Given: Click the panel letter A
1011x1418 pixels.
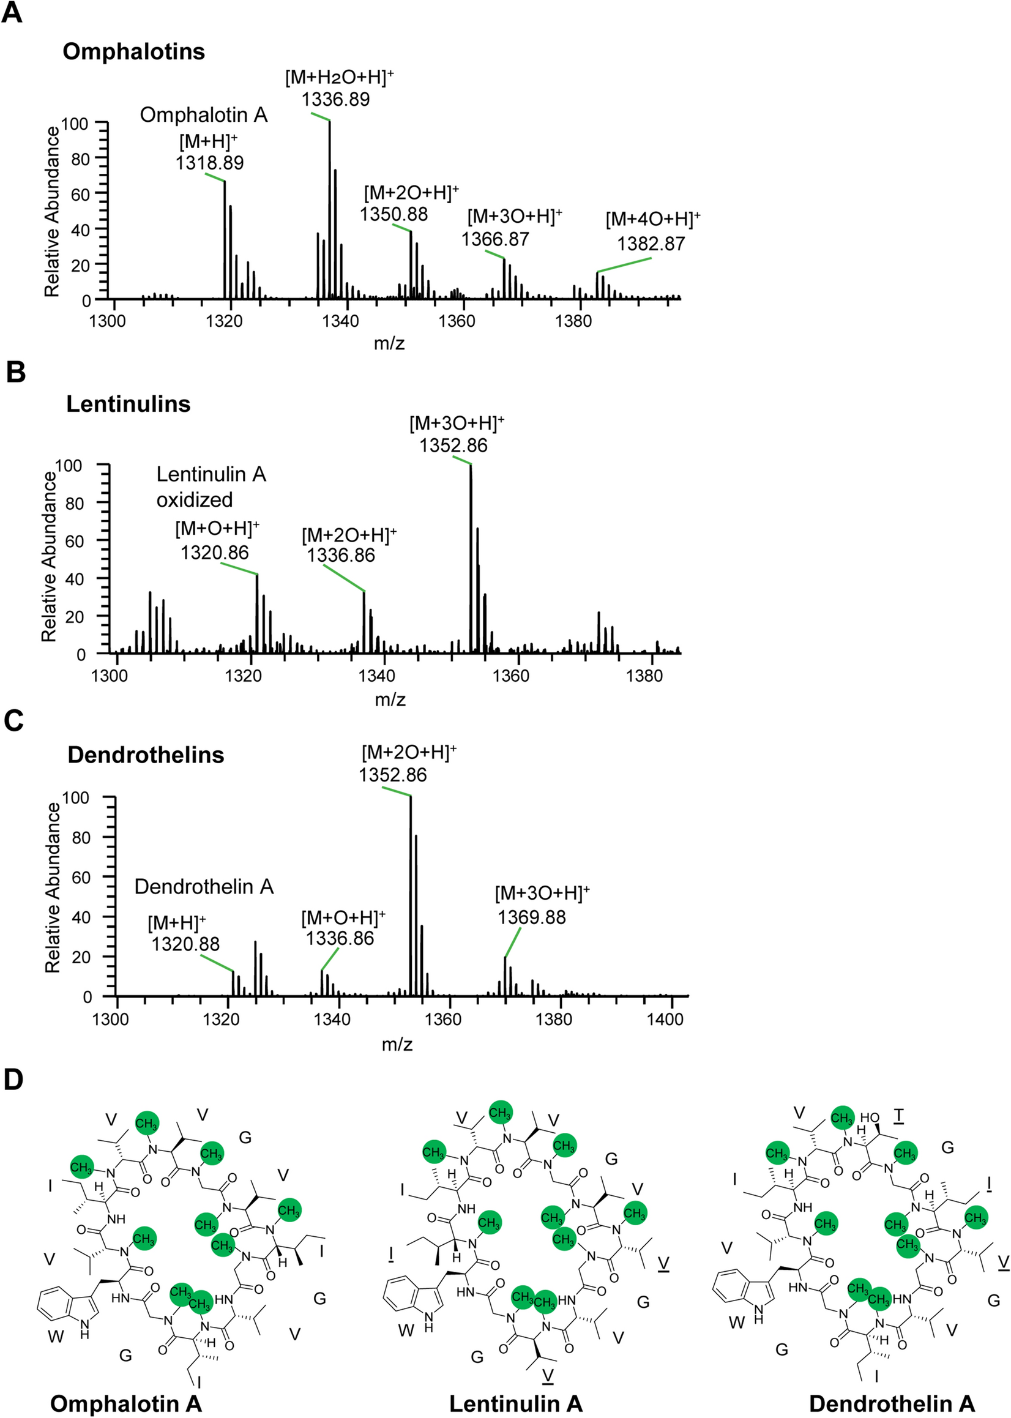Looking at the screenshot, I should point(12,12).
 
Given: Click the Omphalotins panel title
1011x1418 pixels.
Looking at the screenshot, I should point(134,51).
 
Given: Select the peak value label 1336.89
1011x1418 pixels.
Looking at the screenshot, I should point(335,100).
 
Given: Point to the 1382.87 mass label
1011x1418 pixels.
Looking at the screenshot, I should point(651,244).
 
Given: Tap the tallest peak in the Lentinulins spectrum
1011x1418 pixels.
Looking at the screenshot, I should point(471,560).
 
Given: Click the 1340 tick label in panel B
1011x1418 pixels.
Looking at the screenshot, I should point(377,676).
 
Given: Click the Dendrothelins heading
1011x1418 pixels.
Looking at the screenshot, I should point(146,755).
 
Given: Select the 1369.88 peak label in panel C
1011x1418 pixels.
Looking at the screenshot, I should point(532,917).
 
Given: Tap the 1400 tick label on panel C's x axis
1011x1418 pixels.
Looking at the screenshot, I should point(665,1020).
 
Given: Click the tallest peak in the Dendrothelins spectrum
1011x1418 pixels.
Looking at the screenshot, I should point(411,897).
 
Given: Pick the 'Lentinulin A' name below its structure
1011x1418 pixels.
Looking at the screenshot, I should point(515,1404).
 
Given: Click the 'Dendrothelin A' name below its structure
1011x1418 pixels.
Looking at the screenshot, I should point(892,1404).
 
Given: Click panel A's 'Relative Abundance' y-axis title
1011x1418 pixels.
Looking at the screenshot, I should point(52,212).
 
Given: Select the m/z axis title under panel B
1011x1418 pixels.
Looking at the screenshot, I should point(390,700).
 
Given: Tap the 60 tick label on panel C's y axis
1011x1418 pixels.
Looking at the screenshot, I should point(81,877).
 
